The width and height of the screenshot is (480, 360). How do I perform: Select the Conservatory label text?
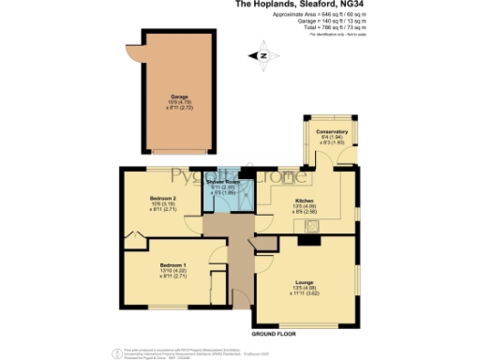coord(331,131)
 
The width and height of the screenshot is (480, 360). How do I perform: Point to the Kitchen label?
coord(304,201)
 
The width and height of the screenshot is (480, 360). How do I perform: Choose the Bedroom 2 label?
coord(162,199)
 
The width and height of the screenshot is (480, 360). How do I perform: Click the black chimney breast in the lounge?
coord(306,239)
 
